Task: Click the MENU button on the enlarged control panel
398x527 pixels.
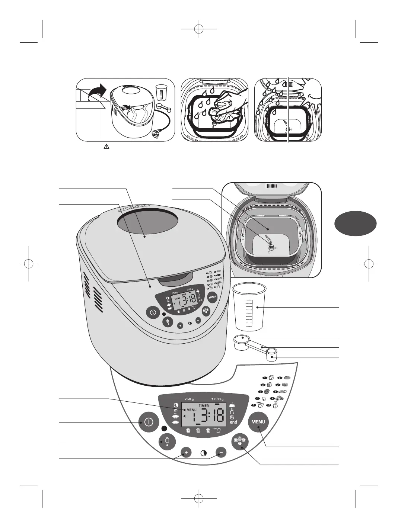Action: click(x=258, y=422)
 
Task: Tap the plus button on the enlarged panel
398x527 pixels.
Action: click(x=186, y=453)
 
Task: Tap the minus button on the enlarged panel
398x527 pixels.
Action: click(x=221, y=453)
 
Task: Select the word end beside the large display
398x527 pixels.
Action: click(x=233, y=422)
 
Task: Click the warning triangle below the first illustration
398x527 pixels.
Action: click(x=106, y=147)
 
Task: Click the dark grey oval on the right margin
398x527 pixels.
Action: click(x=355, y=222)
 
